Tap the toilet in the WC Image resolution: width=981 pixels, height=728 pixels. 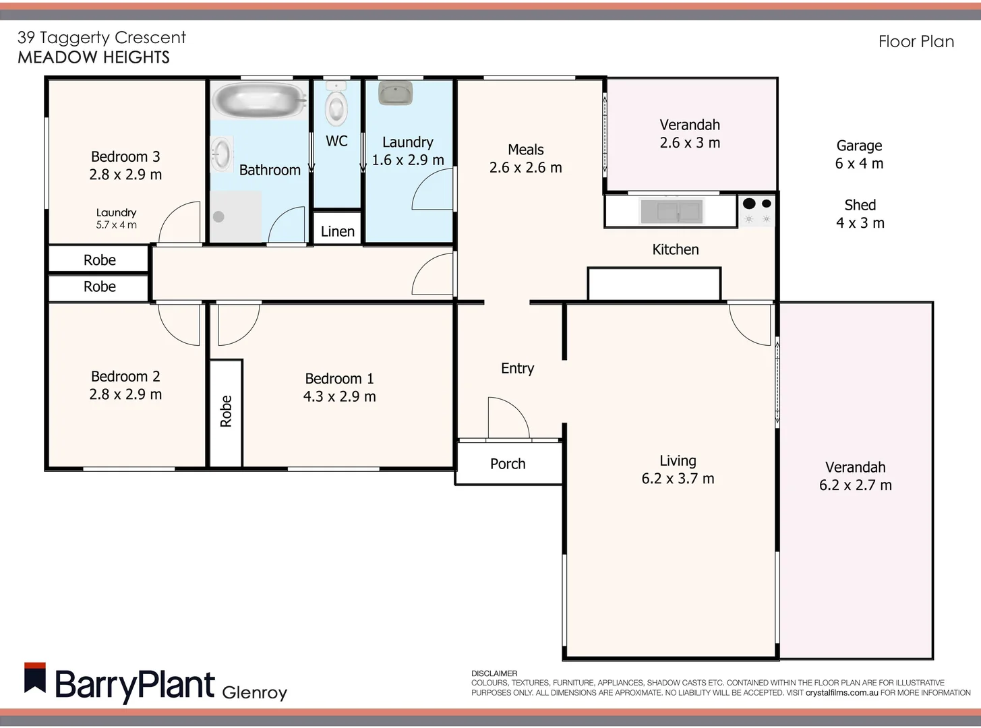click(336, 107)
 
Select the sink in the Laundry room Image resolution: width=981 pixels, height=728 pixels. click(395, 93)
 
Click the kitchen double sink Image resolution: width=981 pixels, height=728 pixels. click(671, 211)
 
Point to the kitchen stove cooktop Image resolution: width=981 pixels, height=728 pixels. click(758, 210)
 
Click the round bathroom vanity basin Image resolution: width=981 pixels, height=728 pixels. click(221, 154)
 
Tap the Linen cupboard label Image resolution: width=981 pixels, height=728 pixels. click(337, 232)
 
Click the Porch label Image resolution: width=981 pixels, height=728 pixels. click(508, 464)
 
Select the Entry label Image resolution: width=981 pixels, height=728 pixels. click(517, 369)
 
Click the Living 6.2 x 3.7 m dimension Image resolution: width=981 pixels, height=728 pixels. click(678, 479)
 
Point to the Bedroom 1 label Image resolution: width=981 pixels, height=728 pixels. click(339, 379)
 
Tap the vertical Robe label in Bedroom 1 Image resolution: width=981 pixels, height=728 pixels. click(226, 411)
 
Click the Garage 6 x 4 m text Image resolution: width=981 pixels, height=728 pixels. click(859, 154)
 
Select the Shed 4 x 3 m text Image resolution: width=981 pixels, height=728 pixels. click(860, 214)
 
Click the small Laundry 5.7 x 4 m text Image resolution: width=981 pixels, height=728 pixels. click(116, 218)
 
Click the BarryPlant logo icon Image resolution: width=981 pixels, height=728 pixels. click(35, 679)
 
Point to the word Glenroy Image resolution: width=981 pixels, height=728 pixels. click(254, 692)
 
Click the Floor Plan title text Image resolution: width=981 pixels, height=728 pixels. click(916, 42)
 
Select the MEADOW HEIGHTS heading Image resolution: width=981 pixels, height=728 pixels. click(94, 57)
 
